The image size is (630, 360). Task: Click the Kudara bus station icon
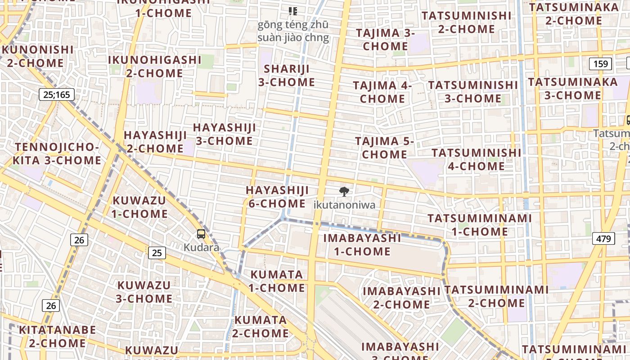pos(201,234)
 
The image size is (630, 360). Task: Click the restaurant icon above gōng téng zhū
pos(293,11)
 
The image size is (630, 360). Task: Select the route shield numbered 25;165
pos(57,94)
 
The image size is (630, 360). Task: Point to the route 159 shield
pos(601,64)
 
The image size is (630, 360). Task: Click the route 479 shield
pos(603,238)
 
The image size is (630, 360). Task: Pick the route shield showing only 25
pos(157,253)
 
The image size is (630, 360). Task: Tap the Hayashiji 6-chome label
pos(277,197)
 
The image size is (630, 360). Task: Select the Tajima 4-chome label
pos(382,92)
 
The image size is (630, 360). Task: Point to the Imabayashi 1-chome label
pos(362,244)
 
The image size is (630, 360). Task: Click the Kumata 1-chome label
pos(277,281)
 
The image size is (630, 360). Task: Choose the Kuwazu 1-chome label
pos(139,207)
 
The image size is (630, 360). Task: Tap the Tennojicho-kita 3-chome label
pos(57,154)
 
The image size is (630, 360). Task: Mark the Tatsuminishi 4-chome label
pos(477,159)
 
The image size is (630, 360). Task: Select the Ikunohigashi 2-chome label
pos(154,66)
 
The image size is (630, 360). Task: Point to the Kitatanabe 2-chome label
pos(57,337)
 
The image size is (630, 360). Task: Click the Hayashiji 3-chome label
pos(224,134)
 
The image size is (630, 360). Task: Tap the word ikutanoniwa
pos(344,205)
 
